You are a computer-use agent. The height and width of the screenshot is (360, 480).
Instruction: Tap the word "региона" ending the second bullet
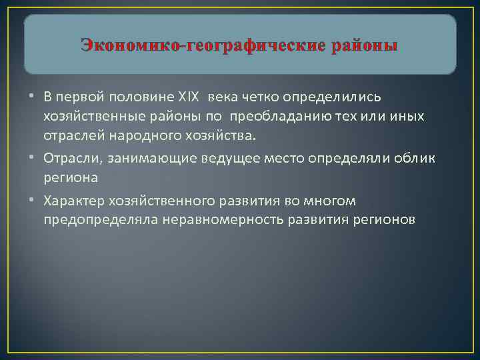coord(70,178)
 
